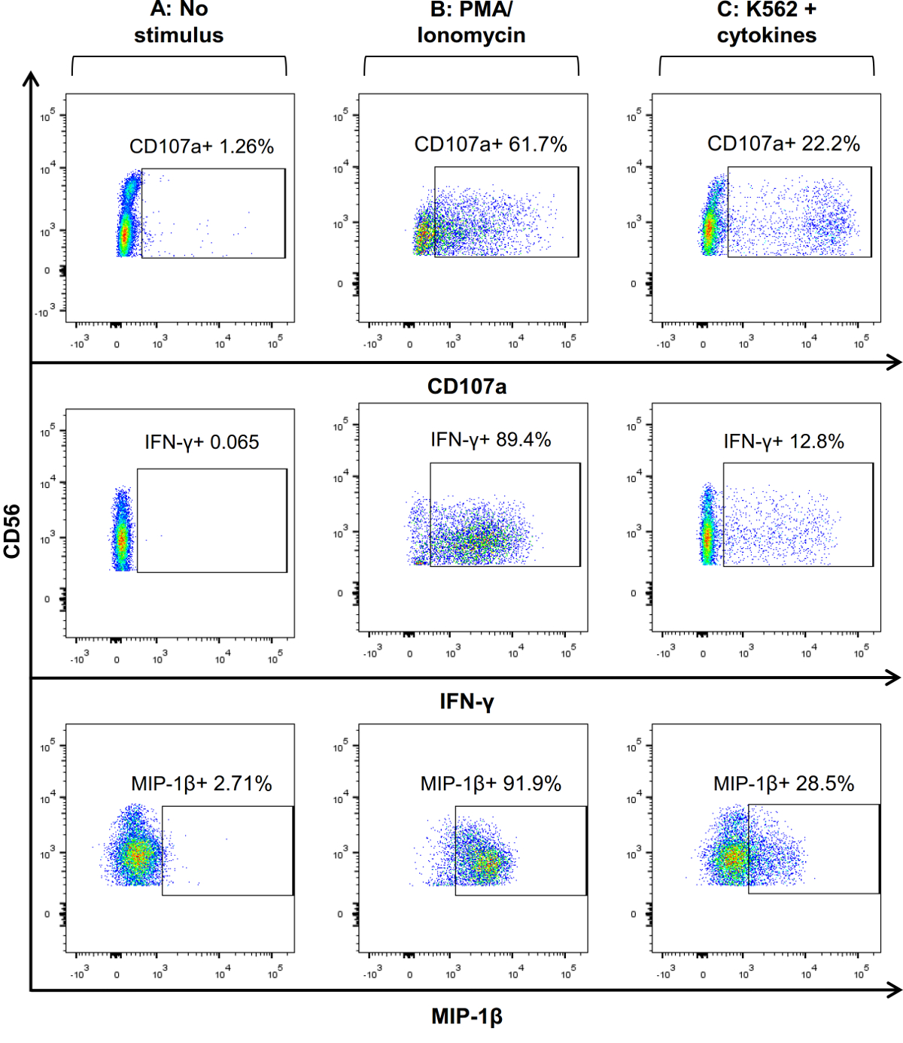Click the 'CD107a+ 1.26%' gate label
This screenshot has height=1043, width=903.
click(x=201, y=147)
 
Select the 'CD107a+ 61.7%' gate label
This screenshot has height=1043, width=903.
click(x=491, y=144)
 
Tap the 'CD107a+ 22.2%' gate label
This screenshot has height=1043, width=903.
click(x=783, y=144)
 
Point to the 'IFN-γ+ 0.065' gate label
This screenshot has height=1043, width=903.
click(x=202, y=442)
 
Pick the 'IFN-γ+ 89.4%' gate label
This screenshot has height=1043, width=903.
click(x=491, y=440)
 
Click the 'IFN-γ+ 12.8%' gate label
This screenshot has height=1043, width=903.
click(x=783, y=441)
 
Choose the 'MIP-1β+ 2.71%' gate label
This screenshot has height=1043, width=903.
click(x=201, y=784)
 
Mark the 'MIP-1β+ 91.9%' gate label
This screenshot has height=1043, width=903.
click(x=491, y=784)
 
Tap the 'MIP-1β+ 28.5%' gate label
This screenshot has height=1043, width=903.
click(x=783, y=784)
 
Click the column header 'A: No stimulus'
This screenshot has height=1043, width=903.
click(x=179, y=23)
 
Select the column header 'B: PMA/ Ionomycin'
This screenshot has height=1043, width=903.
click(x=471, y=23)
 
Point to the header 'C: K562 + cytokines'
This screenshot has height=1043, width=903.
click(x=766, y=23)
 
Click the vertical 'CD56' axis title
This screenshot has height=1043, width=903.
click(x=12, y=531)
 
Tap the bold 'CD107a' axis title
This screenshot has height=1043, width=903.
click(x=467, y=387)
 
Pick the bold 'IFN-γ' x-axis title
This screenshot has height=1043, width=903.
click(x=467, y=702)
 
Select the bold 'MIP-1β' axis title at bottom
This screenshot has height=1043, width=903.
click(x=467, y=1017)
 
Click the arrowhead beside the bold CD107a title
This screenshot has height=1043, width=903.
click(x=894, y=363)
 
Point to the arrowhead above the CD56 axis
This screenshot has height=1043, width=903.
click(x=31, y=78)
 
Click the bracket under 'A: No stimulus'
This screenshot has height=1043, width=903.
click(x=179, y=58)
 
